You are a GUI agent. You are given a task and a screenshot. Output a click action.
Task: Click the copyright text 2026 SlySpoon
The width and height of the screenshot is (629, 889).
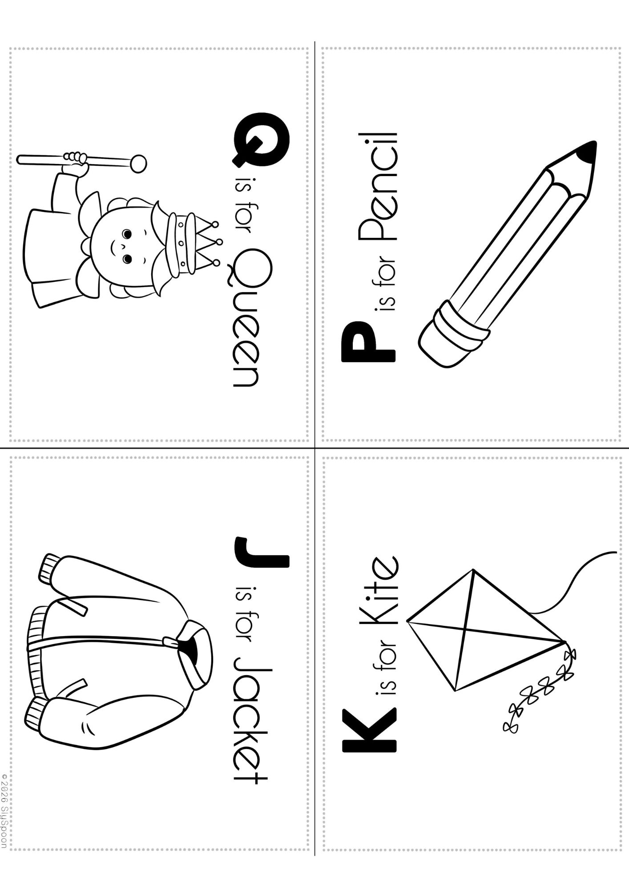5,812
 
